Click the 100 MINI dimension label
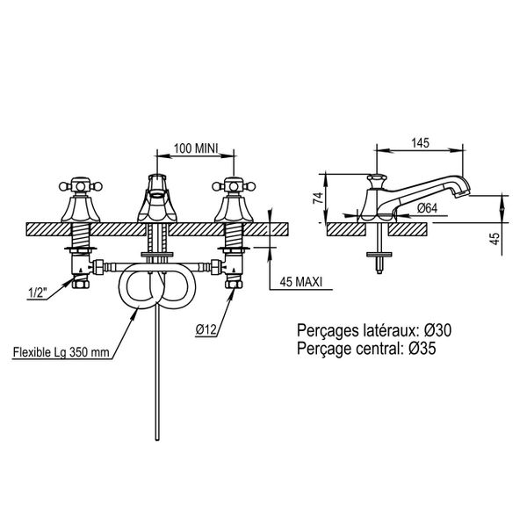tap(196, 148)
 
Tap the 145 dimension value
tap(421, 143)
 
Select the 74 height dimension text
tap(318, 198)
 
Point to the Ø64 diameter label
tap(427, 208)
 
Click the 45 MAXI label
tap(300, 282)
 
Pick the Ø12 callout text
tap(206, 329)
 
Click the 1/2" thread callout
tap(36, 293)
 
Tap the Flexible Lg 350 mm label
tap(61, 352)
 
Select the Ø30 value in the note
tap(437, 330)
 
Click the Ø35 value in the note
tap(422, 348)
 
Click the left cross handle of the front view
tap(80, 186)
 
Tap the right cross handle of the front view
tap(234, 186)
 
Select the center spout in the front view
tap(157, 199)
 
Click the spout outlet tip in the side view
tap(463, 192)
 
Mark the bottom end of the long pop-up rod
tap(157, 438)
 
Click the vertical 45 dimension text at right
tap(495, 238)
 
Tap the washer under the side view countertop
tap(379, 254)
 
